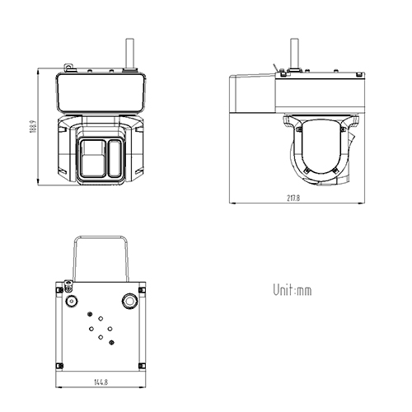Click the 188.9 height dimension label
point(32,129)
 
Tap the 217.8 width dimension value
point(293,199)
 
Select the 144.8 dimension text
point(101,382)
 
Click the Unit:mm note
point(293,290)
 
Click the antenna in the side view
point(297,54)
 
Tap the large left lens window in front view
point(91,158)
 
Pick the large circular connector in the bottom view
point(130,302)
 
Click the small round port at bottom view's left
point(72,302)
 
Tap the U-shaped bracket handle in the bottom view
point(101,255)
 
